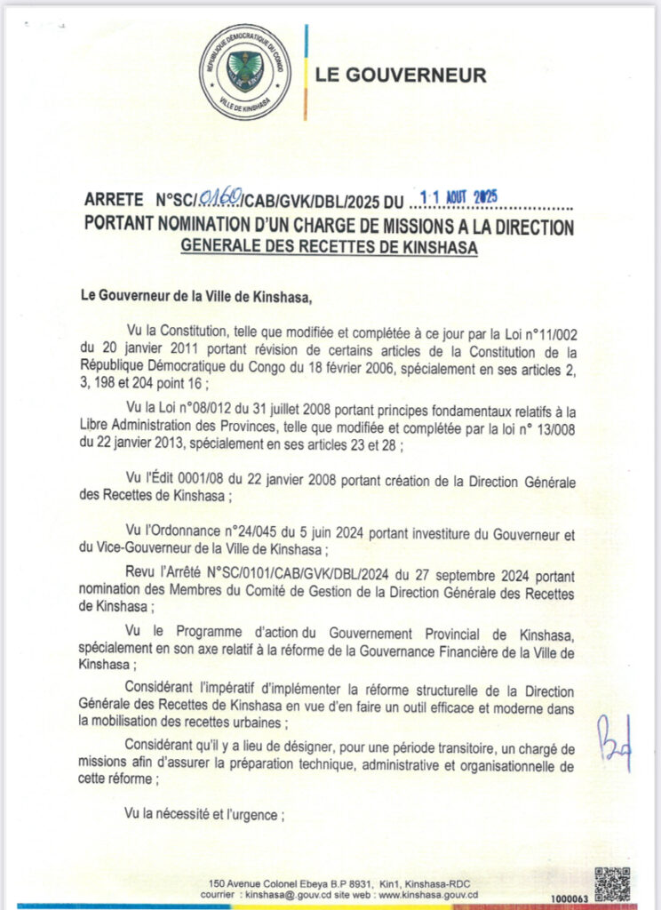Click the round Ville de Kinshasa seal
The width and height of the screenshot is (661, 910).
pos(245,72)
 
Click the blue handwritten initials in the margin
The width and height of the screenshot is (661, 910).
pos(614,741)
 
